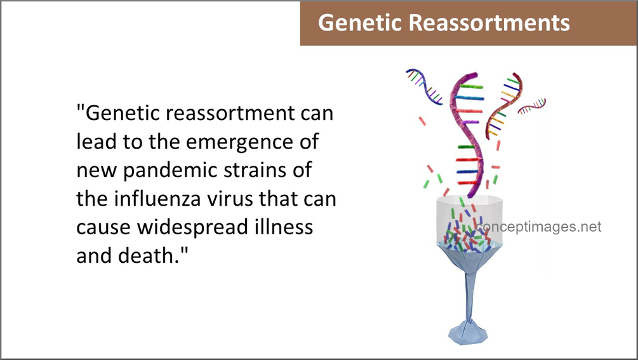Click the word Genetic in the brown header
click(360, 22)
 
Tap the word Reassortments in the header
click(489, 22)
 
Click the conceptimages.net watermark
click(539, 227)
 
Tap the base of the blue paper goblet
click(468, 333)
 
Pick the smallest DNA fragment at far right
click(532, 106)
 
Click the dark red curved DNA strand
click(503, 106)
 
